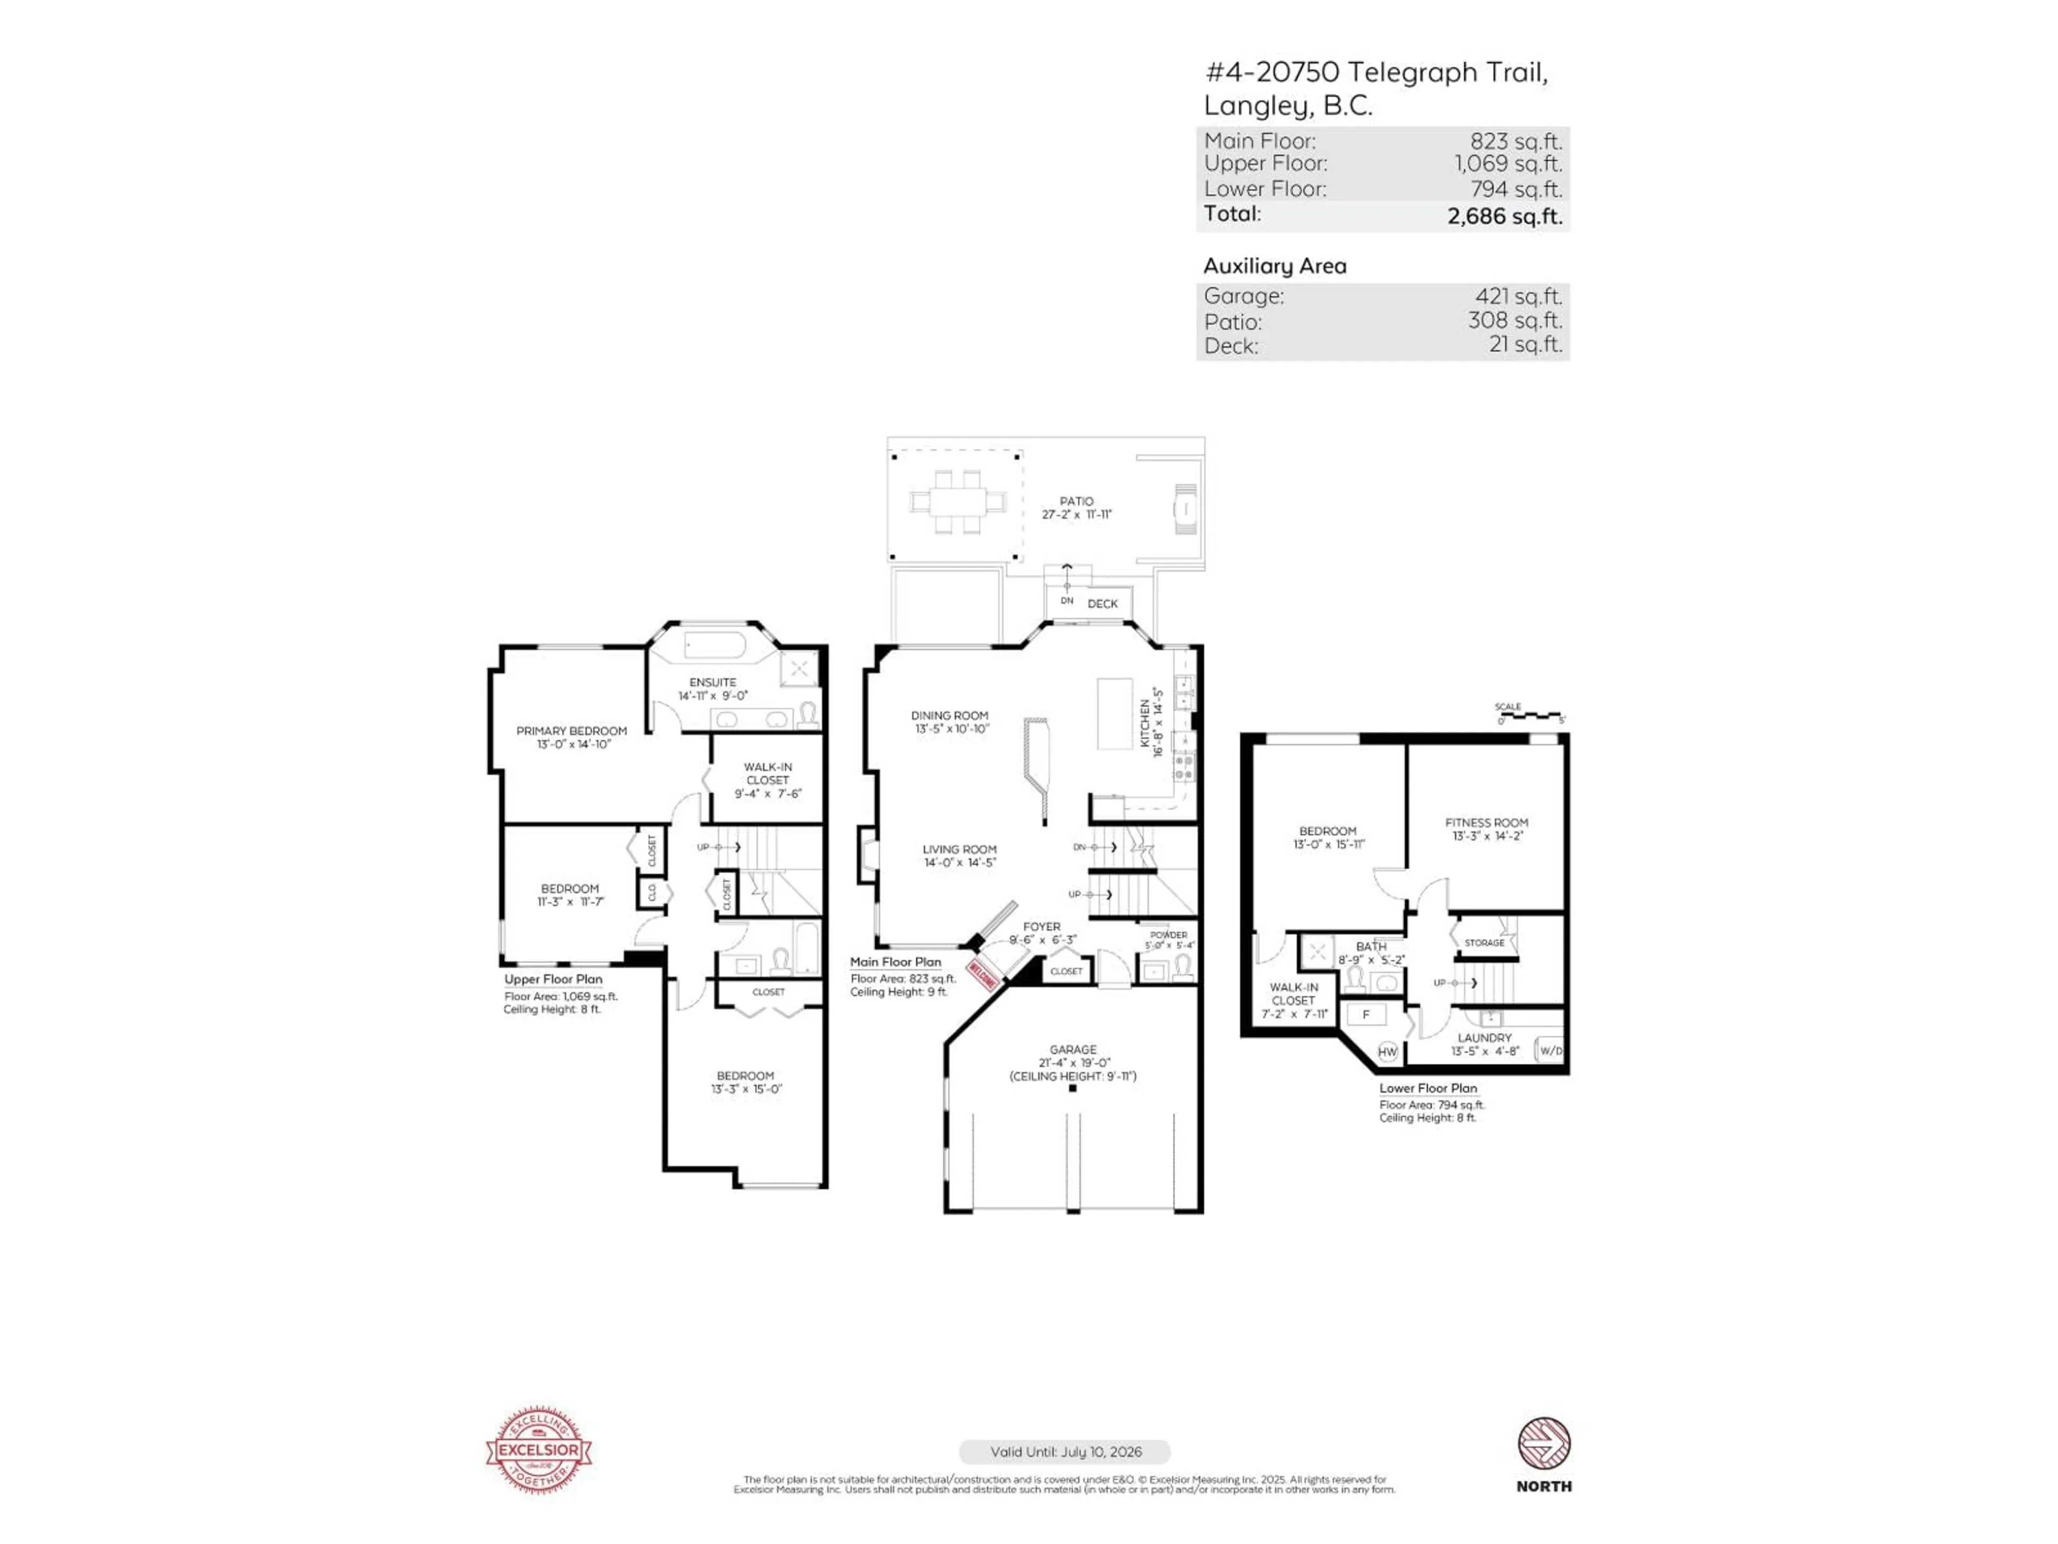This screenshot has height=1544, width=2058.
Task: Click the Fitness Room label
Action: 1486,823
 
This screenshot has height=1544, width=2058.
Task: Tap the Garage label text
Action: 1073,1049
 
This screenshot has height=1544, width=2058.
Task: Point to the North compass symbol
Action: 1543,1444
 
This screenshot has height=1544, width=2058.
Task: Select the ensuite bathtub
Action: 714,646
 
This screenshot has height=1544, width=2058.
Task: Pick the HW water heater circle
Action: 1387,1052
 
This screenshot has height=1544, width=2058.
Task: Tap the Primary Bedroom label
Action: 571,731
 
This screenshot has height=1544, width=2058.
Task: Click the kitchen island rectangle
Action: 1115,714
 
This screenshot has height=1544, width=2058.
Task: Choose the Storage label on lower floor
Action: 1484,943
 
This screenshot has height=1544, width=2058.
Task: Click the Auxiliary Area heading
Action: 1274,266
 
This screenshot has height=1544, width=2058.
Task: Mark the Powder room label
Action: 1168,934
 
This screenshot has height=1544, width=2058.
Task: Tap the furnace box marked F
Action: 1366,1014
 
